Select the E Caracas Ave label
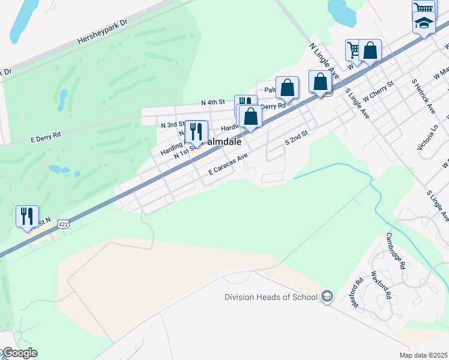[x=228, y=164]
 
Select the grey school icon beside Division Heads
[x=327, y=296]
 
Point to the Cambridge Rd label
[x=397, y=251]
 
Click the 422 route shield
[x=62, y=224]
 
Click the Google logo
[x=19, y=353]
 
